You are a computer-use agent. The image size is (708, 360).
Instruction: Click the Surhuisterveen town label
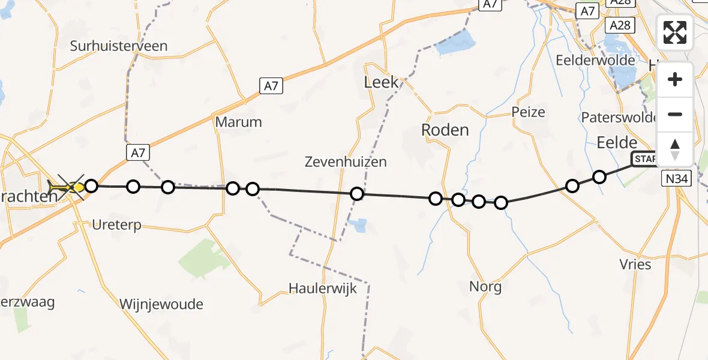point(119,46)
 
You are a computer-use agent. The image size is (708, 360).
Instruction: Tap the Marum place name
point(239,122)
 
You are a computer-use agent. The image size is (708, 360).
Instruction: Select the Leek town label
point(382,82)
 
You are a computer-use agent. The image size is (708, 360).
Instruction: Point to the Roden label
point(445,130)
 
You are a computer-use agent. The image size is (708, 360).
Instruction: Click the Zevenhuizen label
point(346,161)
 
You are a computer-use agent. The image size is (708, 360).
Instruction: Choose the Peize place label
point(528,112)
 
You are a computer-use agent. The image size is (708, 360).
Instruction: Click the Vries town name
point(635,264)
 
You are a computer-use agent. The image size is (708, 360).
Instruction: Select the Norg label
point(485,287)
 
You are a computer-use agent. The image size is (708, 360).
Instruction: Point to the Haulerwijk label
point(323,289)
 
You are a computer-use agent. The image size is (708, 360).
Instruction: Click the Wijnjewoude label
point(161,304)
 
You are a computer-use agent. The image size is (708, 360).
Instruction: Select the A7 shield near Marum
point(271,86)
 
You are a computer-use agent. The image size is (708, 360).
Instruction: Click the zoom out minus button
point(675,114)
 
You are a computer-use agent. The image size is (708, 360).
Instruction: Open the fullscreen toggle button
point(675,32)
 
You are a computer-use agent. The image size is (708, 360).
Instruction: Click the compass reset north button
point(675,149)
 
